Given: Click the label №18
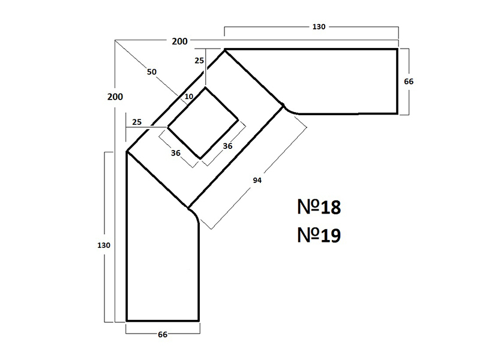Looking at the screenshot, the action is pos(319,207).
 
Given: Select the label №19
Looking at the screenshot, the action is pos(319,235).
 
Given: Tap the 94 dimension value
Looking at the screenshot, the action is pos(257,181).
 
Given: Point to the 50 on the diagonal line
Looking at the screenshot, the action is pos(152,72).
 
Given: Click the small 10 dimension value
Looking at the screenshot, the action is pos(189,97).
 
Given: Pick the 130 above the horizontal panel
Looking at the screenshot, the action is pos(319,27).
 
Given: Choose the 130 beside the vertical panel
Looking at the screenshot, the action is pos(103,245).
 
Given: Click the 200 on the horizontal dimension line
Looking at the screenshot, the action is pos(179,41).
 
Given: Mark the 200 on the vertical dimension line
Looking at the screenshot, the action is pos(115,97).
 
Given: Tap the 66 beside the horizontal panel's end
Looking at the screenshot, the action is pos(409,82).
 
